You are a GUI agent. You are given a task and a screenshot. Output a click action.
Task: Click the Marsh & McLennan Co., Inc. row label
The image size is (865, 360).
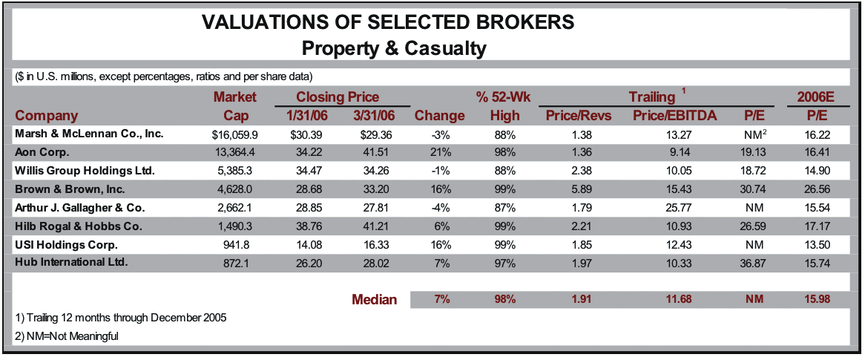pyautogui.click(x=89, y=134)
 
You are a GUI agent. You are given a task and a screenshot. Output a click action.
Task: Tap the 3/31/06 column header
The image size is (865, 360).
pyautogui.click(x=369, y=116)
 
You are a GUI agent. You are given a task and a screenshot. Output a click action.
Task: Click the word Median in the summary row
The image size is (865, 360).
pyautogui.click(x=374, y=300)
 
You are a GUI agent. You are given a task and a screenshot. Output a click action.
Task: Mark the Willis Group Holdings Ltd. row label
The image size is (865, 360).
pyautogui.click(x=85, y=171)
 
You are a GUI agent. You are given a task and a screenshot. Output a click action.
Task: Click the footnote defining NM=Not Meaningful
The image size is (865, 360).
pyautogui.click(x=67, y=336)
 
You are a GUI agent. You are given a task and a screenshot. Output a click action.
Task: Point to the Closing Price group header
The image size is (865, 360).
pyautogui.click(x=338, y=97)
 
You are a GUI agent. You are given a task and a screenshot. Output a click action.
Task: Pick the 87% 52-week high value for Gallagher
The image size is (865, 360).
pyautogui.click(x=504, y=207)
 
